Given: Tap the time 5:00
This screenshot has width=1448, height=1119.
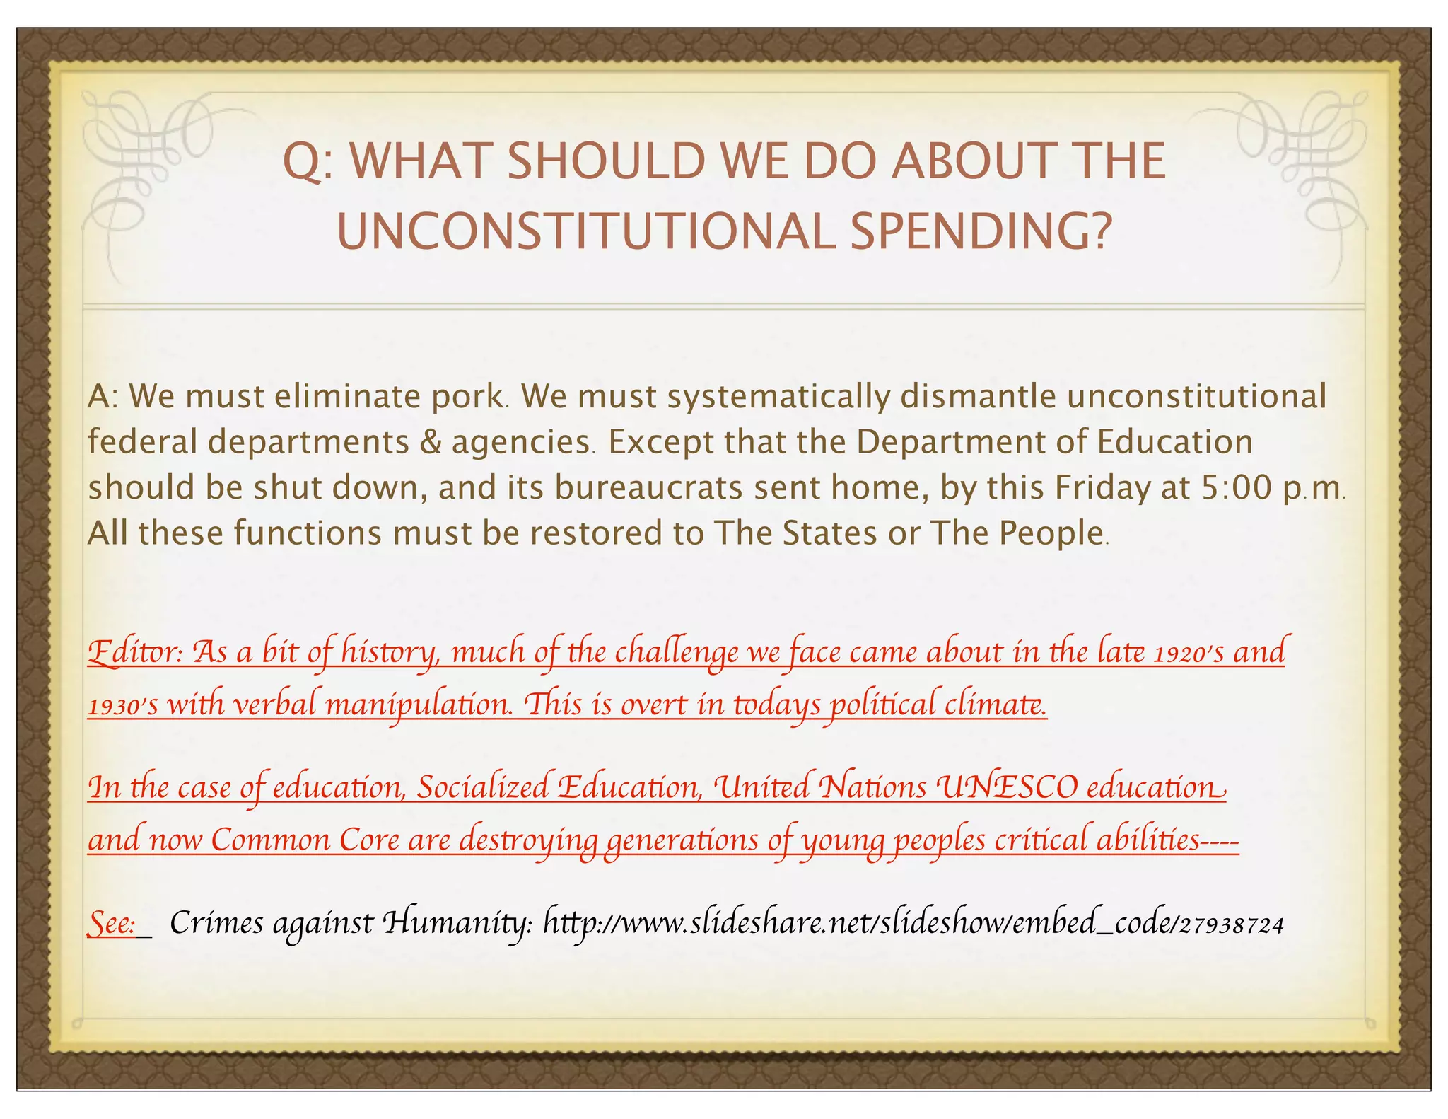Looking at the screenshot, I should tap(1237, 488).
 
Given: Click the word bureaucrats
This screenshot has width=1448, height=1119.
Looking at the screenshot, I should tap(648, 488).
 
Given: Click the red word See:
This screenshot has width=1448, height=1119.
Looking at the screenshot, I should tap(112, 923).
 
